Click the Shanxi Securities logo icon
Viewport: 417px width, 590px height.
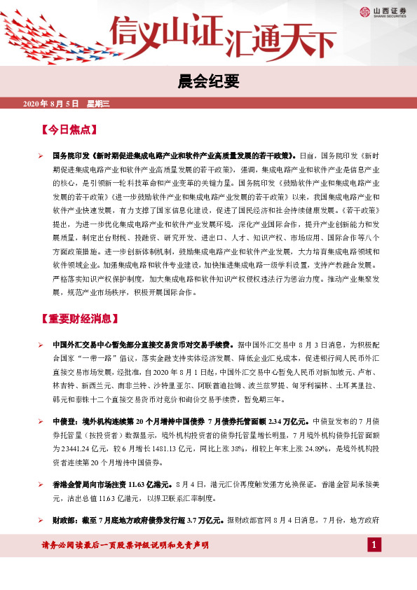click(x=364, y=11)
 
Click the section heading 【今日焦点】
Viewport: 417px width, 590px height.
click(x=69, y=130)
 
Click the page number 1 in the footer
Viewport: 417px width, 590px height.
click(x=375, y=545)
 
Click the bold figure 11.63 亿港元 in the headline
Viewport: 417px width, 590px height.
click(x=151, y=484)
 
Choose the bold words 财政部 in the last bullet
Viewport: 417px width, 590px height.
click(x=64, y=521)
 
